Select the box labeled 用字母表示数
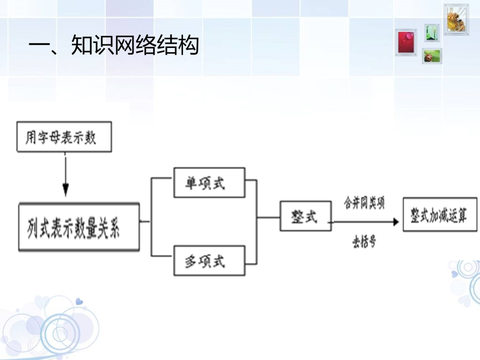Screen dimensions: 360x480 tap(64, 137)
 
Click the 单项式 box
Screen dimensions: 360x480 tap(209, 183)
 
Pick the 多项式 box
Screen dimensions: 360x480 tap(209, 260)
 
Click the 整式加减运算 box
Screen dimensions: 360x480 tap(439, 214)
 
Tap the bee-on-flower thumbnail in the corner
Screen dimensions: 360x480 tap(457, 19)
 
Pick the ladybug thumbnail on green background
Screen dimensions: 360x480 tap(432, 56)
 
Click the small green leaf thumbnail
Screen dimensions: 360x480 tap(431, 32)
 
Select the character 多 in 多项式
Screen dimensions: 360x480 tap(191, 260)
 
